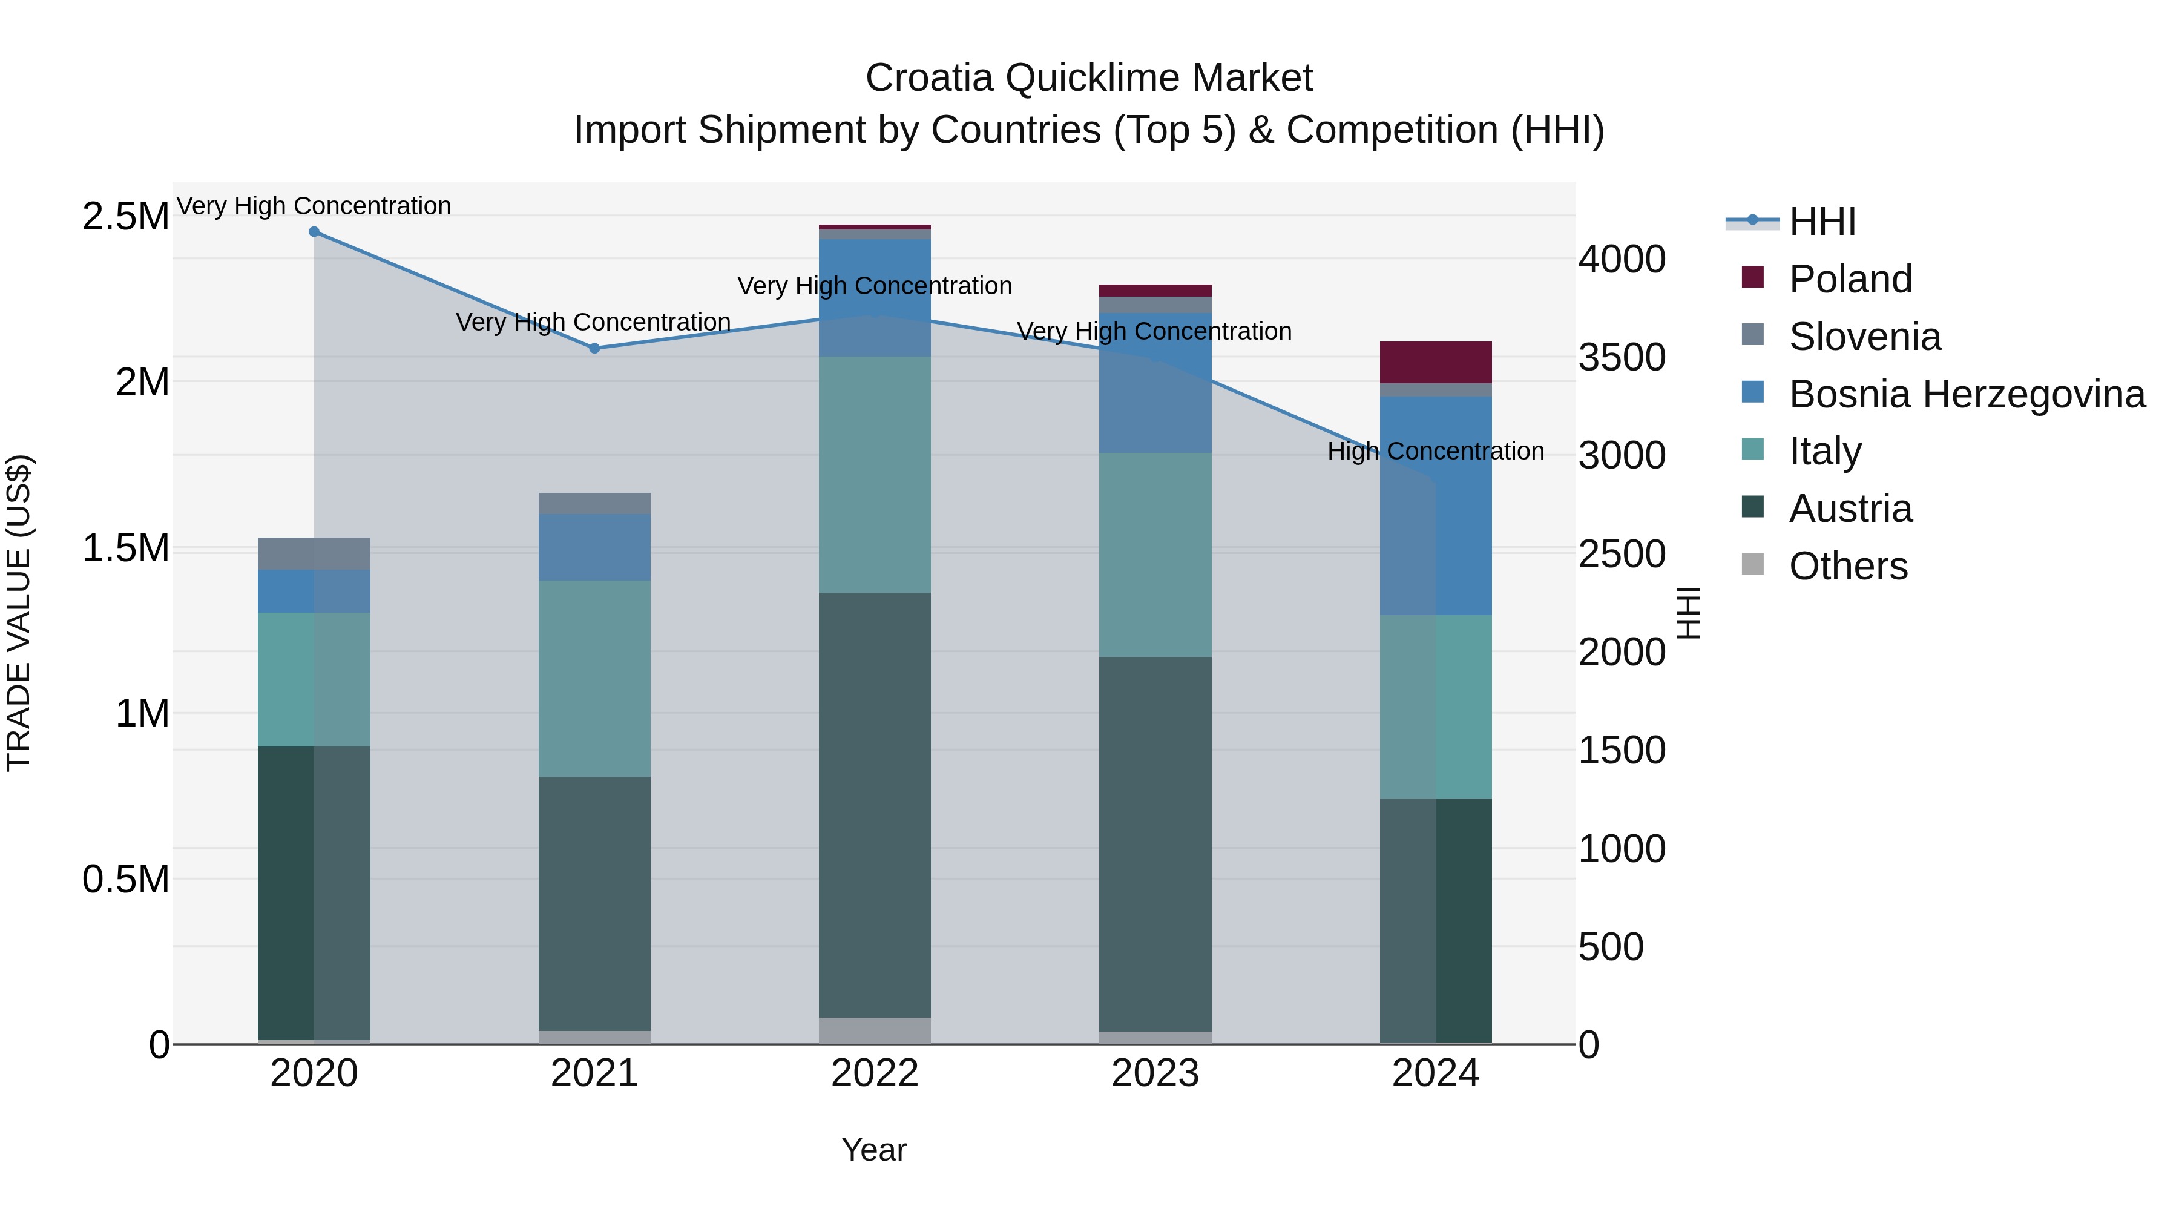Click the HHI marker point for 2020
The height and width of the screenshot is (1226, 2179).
pyautogui.click(x=314, y=232)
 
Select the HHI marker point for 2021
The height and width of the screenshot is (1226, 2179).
pyautogui.click(x=594, y=348)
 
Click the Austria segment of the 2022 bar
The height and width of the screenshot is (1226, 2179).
pyautogui.click(x=875, y=804)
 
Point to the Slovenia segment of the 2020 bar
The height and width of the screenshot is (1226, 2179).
pyautogui.click(x=314, y=553)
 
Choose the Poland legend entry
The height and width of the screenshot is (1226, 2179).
pyautogui.click(x=1849, y=279)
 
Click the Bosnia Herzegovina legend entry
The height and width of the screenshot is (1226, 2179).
pyautogui.click(x=1966, y=394)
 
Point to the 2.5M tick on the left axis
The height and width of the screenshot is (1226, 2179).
pyautogui.click(x=125, y=217)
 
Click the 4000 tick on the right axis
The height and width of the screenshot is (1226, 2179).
pyautogui.click(x=1622, y=259)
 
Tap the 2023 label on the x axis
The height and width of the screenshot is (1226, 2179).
pyautogui.click(x=1155, y=1073)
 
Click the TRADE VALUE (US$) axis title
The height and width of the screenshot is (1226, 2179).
pyautogui.click(x=19, y=613)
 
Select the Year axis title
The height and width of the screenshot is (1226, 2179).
pyautogui.click(x=874, y=1150)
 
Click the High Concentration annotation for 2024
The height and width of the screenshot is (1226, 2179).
pyautogui.click(x=1436, y=451)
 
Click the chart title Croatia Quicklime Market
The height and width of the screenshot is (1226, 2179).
pyautogui.click(x=1089, y=78)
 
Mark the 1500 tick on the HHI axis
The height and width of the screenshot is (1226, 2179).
pyautogui.click(x=1622, y=750)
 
